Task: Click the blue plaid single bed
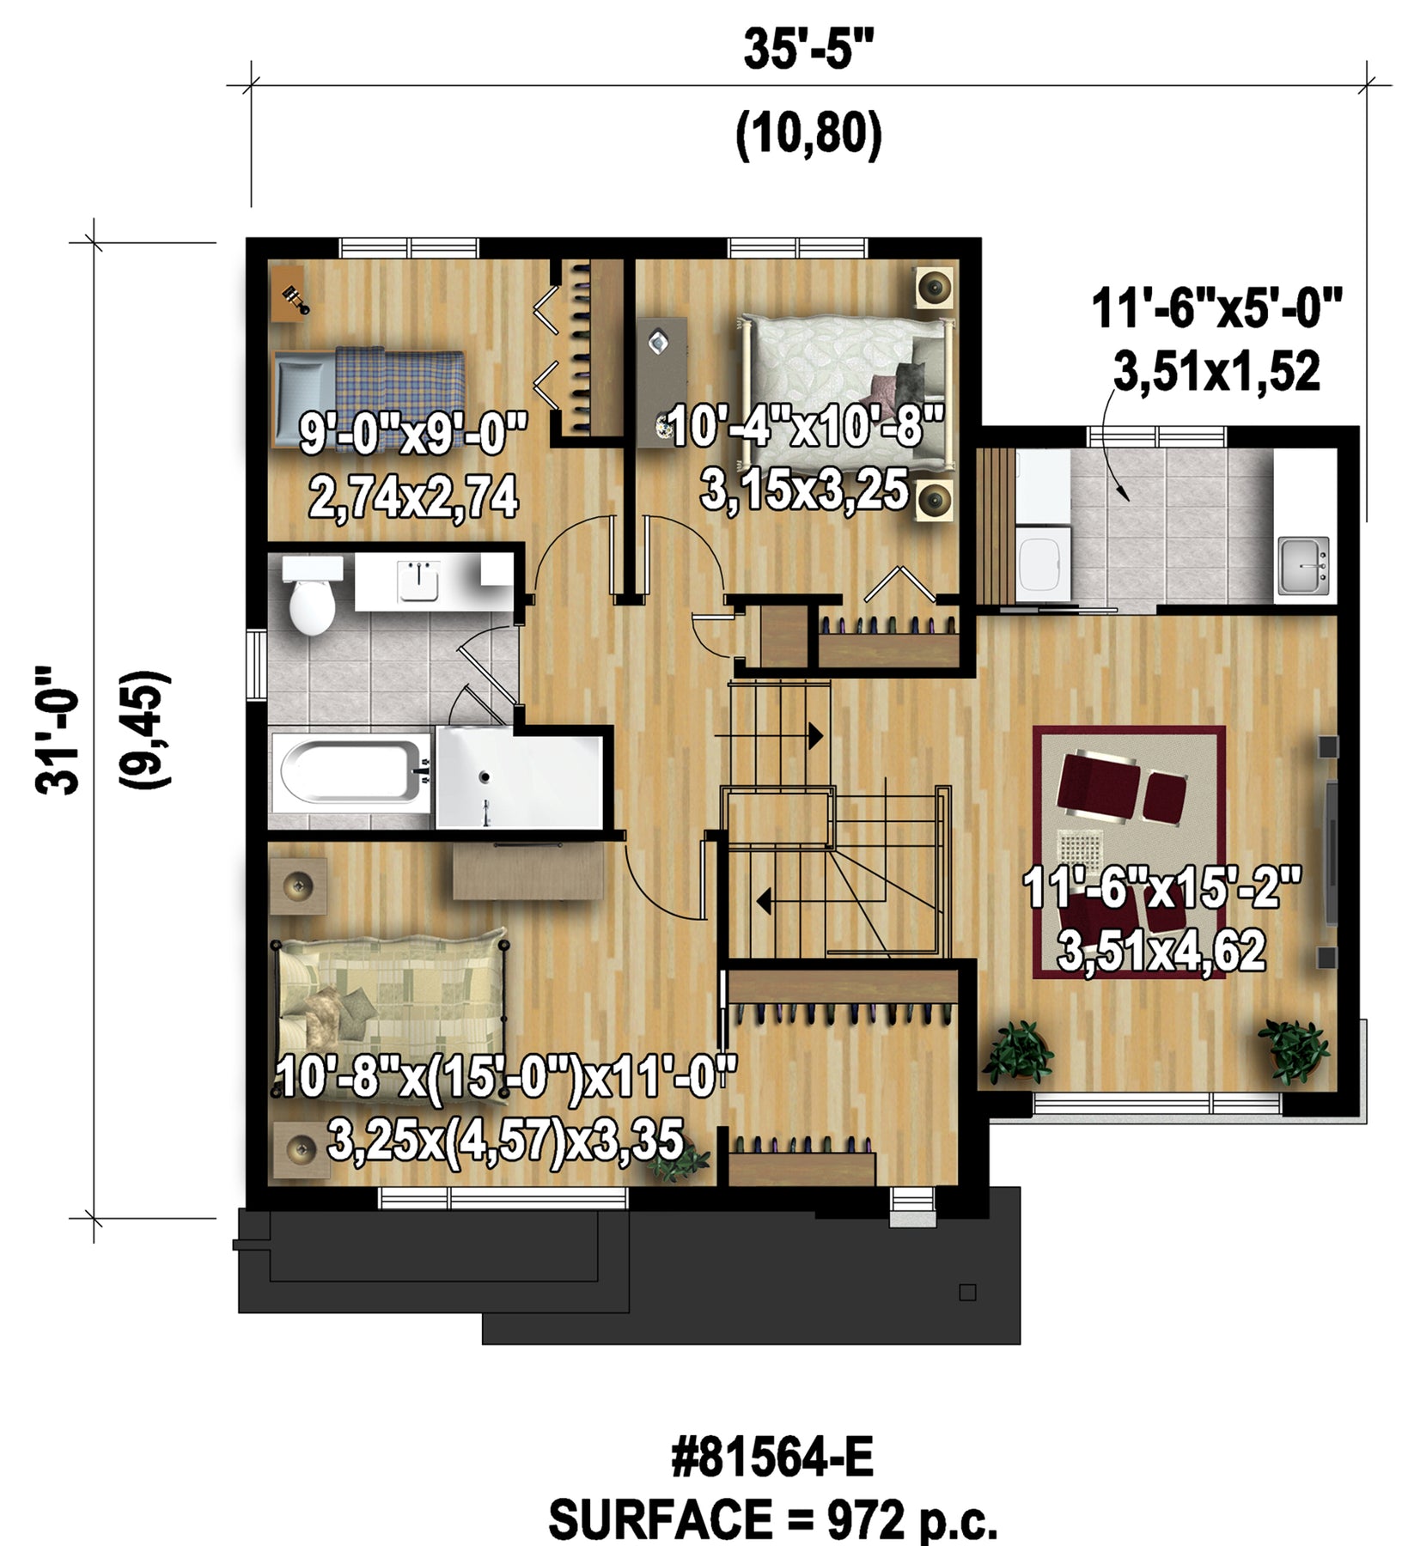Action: pos(369,398)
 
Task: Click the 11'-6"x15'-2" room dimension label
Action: pos(1161,888)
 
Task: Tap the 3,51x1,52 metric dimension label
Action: pos(1216,373)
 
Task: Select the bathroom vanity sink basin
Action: pos(418,581)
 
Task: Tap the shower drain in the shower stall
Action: pos(484,777)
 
